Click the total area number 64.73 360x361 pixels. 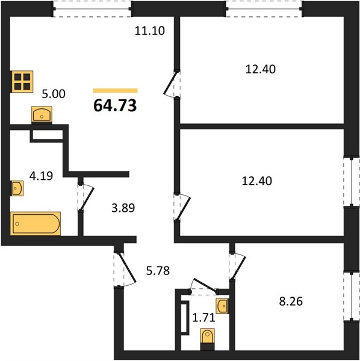pyautogui.click(x=115, y=106)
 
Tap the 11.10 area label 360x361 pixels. pyautogui.click(x=150, y=31)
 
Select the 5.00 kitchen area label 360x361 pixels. pyautogui.click(x=54, y=94)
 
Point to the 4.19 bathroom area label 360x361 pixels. pyautogui.click(x=41, y=176)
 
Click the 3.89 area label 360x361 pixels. pyautogui.click(x=123, y=208)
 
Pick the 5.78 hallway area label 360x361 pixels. pyautogui.click(x=158, y=271)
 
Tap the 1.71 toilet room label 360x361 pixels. pyautogui.click(x=204, y=318)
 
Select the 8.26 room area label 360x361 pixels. pyautogui.click(x=291, y=301)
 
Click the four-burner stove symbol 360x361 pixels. pyautogui.click(x=22, y=81)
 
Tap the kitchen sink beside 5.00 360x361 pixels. pyautogui.click(x=42, y=114)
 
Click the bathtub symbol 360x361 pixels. pyautogui.click(x=36, y=224)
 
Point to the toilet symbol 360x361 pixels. pyautogui.click(x=208, y=339)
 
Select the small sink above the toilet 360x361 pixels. pyautogui.click(x=222, y=306)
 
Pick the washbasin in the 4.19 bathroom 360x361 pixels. pyautogui.click(x=17, y=188)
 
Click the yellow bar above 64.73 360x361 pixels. pyautogui.click(x=116, y=91)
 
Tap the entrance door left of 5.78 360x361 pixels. pyautogui.click(x=125, y=270)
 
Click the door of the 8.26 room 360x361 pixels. pyautogui.click(x=237, y=267)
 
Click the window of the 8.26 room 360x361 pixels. pyautogui.click(x=352, y=297)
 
